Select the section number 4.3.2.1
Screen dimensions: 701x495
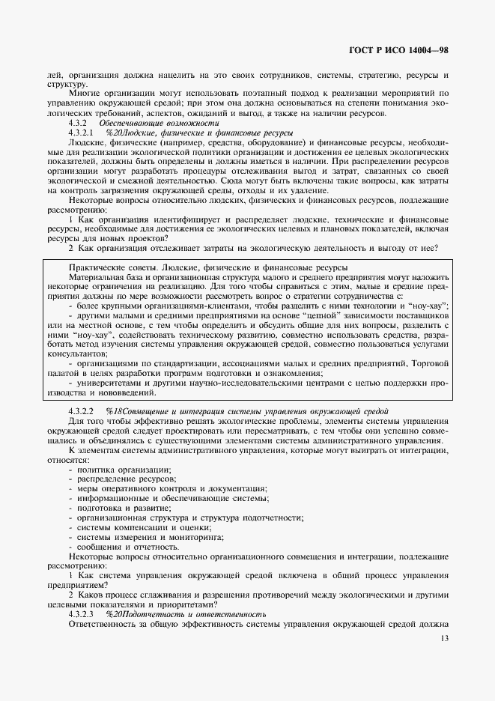(80, 132)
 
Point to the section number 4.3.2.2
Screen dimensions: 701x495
(80, 411)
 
